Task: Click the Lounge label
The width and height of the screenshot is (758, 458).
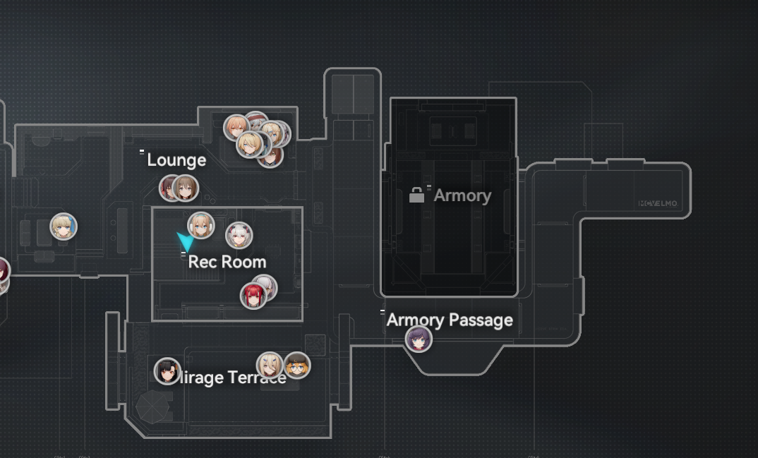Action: (176, 160)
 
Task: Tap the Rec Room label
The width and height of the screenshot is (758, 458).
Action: (227, 262)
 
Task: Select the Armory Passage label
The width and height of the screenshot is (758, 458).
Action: (450, 320)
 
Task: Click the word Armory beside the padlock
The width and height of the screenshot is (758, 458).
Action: (462, 195)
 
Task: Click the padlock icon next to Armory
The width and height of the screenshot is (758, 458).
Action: (417, 195)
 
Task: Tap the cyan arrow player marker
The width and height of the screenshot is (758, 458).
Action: (186, 242)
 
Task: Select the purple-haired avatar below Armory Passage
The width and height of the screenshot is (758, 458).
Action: (419, 339)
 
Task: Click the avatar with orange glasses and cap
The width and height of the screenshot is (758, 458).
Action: (297, 366)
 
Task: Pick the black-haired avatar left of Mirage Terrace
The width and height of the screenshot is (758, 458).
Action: (167, 370)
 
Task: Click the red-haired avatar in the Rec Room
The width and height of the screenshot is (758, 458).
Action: (253, 295)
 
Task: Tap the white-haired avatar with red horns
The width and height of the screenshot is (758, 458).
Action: (239, 236)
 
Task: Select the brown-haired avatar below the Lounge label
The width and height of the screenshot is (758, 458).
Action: (185, 188)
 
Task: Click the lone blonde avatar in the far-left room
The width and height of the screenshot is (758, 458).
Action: (64, 227)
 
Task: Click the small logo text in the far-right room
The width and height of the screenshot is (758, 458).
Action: (658, 203)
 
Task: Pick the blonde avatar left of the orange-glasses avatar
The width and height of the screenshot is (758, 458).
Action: (270, 366)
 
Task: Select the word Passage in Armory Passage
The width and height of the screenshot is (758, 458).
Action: (479, 320)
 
